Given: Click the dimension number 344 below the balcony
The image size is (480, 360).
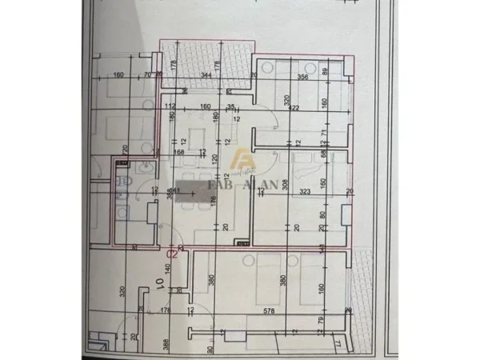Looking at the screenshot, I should [206, 76].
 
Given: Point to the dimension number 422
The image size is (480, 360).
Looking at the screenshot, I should [294, 108].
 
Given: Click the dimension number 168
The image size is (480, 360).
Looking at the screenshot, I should [179, 151].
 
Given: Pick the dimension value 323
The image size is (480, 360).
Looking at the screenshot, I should [303, 193].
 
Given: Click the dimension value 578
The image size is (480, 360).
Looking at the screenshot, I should [268, 310].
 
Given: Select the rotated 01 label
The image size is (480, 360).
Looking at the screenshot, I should [160, 282].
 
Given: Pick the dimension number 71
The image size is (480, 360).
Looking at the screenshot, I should [324, 132].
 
